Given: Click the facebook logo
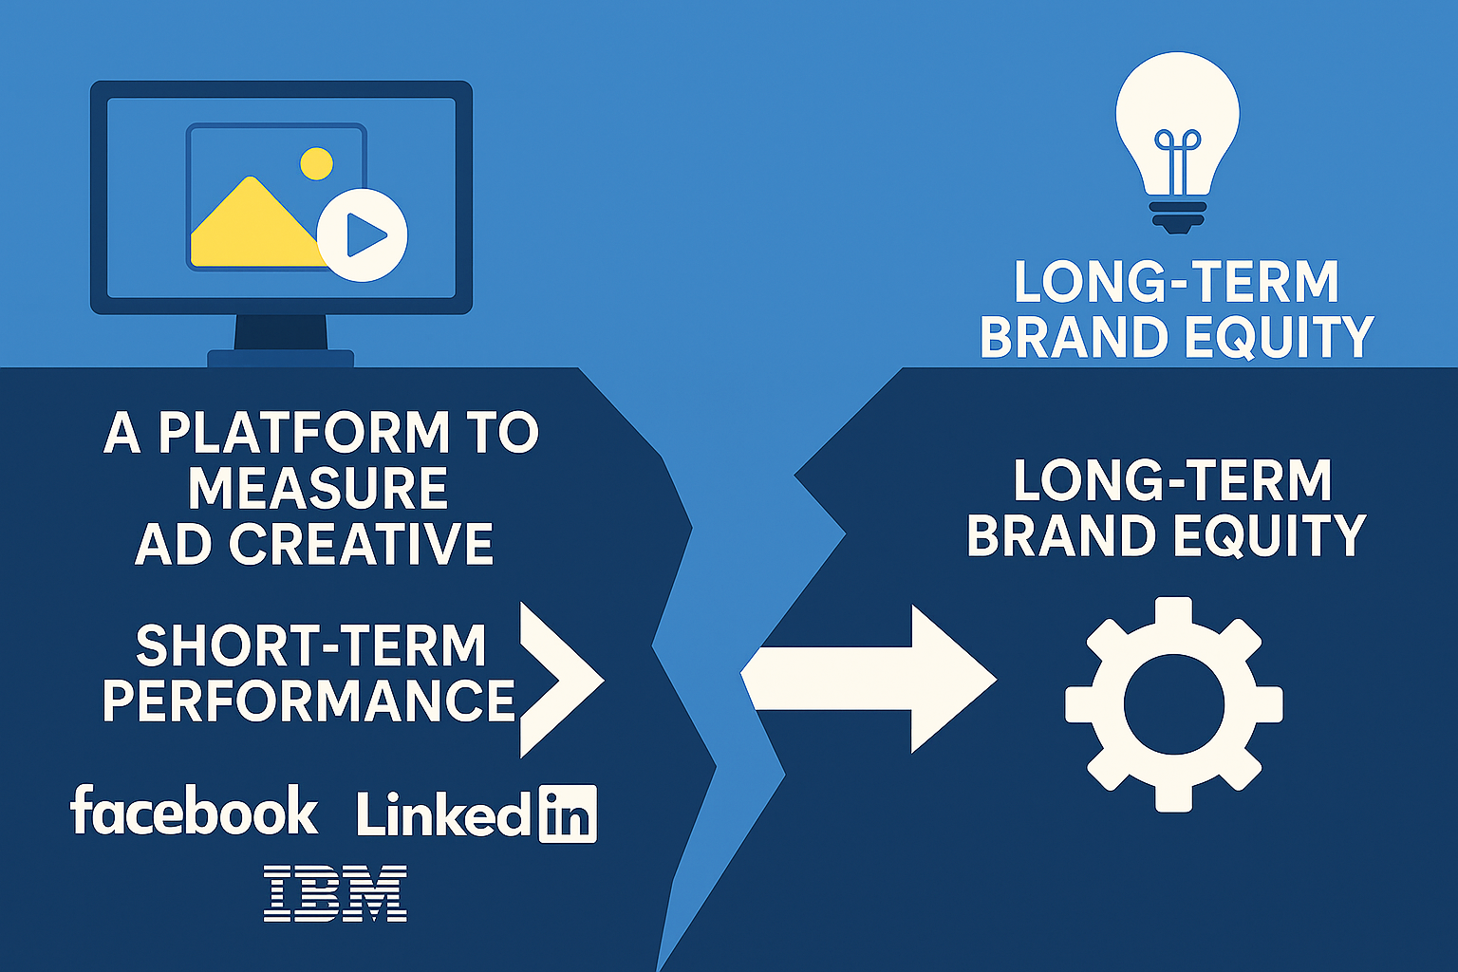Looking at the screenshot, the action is [194, 810].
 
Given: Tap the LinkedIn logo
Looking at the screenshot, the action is [477, 813].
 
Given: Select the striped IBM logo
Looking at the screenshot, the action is [335, 893].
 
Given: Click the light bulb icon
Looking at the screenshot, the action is [1177, 142].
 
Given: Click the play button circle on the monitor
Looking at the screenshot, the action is [362, 235].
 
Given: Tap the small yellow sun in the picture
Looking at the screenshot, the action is [316, 163].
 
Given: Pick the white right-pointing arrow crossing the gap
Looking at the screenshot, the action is [869, 679].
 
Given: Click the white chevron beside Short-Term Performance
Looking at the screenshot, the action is [562, 680].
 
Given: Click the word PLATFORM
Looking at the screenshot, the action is [304, 432].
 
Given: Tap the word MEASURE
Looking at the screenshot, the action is [318, 487].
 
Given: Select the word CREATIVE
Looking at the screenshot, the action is [361, 544].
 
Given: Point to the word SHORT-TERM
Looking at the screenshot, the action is [310, 645].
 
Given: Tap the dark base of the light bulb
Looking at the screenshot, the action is [1177, 216].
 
